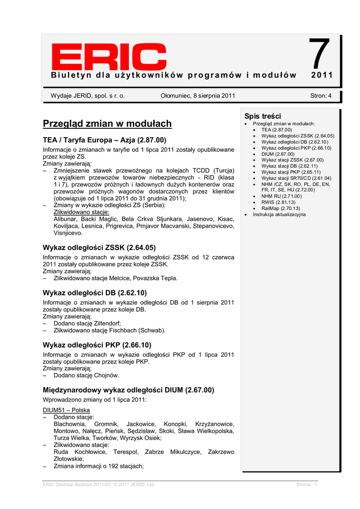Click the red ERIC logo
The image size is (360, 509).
click(109, 58)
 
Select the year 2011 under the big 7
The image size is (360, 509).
click(321, 76)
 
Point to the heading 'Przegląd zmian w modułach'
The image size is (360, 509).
click(107, 124)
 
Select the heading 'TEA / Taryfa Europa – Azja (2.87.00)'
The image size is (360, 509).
click(104, 140)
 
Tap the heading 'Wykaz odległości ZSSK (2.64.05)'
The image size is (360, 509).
click(99, 247)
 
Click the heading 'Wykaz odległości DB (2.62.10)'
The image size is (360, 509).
click(94, 293)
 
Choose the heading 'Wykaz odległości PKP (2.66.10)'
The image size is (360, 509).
click(97, 345)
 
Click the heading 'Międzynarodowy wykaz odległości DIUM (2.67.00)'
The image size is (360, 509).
click(128, 391)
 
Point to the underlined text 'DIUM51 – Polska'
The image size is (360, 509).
click(66, 410)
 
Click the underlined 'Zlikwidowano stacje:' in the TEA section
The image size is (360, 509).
click(81, 212)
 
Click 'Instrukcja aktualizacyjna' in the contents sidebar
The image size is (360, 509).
click(279, 214)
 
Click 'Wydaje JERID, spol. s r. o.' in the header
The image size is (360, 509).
click(88, 96)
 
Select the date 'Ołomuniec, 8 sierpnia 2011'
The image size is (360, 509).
click(198, 96)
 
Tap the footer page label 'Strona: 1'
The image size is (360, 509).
click(306, 485)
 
